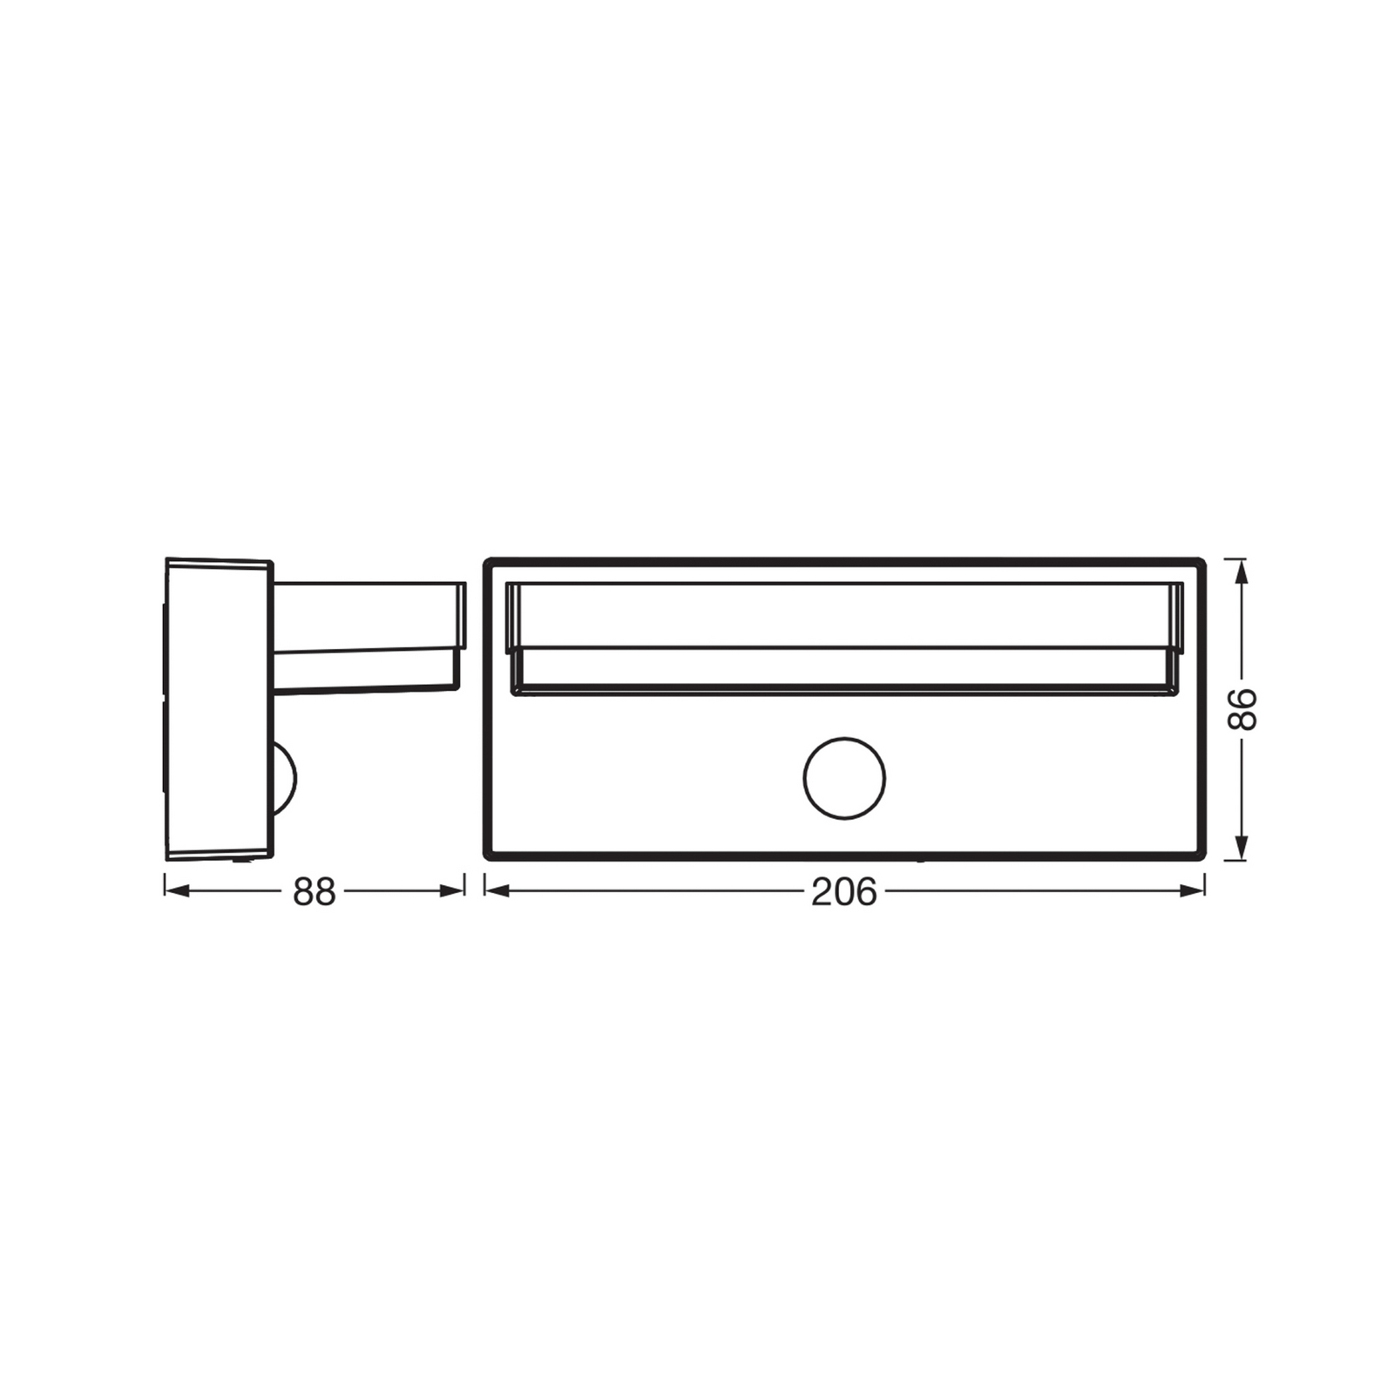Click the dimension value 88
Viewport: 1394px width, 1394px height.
tap(314, 891)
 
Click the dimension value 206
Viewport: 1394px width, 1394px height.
tap(843, 891)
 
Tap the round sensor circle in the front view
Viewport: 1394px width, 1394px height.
tap(843, 778)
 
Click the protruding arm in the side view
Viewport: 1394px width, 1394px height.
tap(366, 636)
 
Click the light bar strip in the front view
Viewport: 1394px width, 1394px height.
tap(843, 639)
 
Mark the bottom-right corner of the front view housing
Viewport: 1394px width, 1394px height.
tap(1202, 857)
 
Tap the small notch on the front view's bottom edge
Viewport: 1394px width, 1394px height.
tap(920, 860)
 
